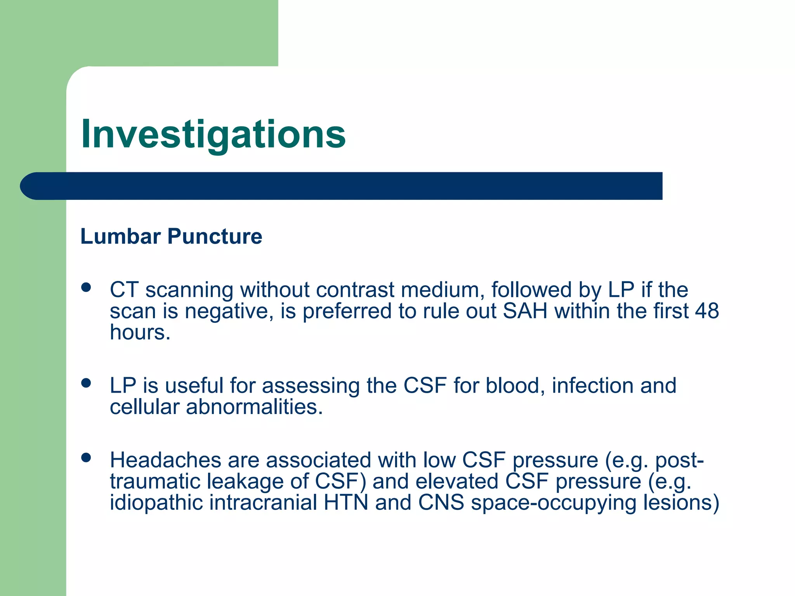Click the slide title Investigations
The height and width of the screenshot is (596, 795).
213,134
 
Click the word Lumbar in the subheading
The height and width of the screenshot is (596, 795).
120,236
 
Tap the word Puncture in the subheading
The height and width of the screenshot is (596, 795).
215,236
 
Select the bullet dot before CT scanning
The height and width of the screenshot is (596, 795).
86,288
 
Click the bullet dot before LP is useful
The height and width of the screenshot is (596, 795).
86,383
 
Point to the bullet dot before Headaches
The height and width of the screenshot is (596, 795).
86,457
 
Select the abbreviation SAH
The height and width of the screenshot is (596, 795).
525,311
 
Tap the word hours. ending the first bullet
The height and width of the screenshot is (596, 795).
140,332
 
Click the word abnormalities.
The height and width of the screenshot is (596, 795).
254,407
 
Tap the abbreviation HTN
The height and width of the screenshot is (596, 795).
346,502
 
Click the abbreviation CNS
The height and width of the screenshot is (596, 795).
441,502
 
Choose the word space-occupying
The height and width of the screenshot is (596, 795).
554,502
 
